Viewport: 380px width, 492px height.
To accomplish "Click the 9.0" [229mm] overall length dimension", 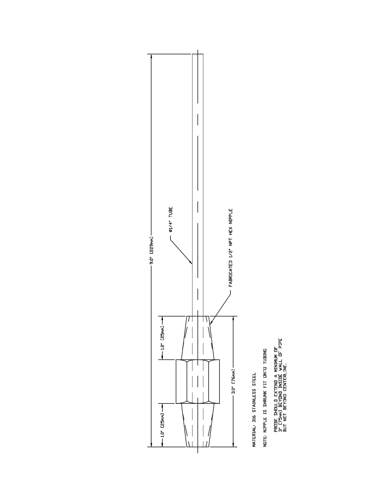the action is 151,250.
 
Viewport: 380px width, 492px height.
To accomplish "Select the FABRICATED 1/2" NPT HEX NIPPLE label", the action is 231,247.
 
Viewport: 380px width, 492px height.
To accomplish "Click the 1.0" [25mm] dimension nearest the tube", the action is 162,338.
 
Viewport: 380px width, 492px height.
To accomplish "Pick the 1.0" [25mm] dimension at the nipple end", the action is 162,425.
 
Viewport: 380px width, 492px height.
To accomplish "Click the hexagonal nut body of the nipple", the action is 198,381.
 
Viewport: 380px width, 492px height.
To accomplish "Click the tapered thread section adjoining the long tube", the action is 198,338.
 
